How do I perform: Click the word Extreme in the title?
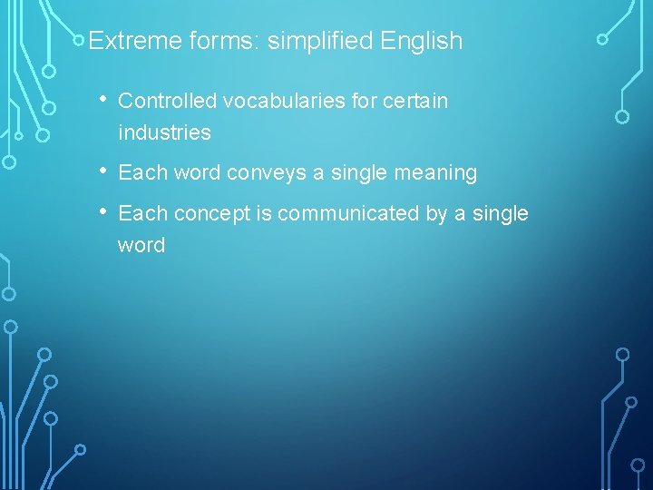tap(127, 41)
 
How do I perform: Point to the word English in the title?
tap(422, 41)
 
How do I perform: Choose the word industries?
tap(164, 132)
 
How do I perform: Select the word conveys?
tap(268, 172)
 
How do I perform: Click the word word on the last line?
tap(141, 245)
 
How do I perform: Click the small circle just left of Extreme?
tap(80, 40)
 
